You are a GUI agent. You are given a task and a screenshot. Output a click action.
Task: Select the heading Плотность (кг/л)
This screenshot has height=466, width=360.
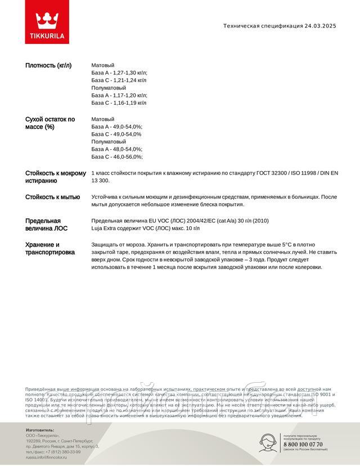pos(48,65)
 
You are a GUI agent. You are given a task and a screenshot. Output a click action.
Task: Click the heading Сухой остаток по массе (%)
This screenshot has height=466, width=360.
pos(50,123)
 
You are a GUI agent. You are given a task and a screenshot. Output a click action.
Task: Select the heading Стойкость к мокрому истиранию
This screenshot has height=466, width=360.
pos(56,177)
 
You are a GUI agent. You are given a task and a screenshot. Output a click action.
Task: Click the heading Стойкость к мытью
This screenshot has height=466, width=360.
pos(52,197)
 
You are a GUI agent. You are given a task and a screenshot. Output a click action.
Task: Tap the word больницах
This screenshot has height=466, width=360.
pos(304,197)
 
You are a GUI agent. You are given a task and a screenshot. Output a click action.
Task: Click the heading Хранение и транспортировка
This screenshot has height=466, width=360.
pos(50,249)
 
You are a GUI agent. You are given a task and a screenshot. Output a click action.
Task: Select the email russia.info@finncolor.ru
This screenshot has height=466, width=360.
pos(46,458)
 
